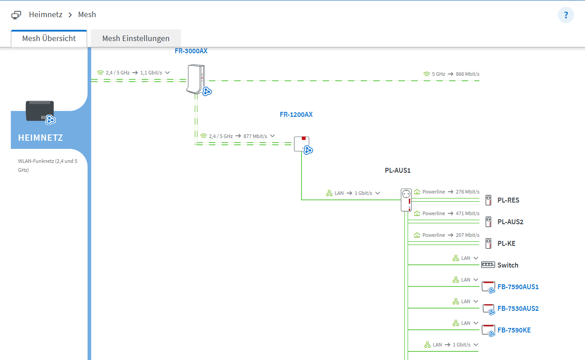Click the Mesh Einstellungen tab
click(x=136, y=38)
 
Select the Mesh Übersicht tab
click(x=49, y=38)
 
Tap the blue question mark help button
click(x=566, y=15)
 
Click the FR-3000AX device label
click(x=191, y=51)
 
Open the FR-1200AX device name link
click(x=296, y=115)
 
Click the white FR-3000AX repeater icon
click(x=196, y=79)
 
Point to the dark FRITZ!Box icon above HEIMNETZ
click(x=40, y=111)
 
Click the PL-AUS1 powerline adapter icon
click(x=406, y=200)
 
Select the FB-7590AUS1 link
click(x=518, y=286)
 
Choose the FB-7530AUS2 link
click(x=518, y=308)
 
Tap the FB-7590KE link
click(x=514, y=330)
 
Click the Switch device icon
click(x=488, y=265)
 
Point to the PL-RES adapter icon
click(x=488, y=200)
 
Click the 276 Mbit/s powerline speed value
click(x=468, y=192)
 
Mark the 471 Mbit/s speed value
click(x=468, y=213)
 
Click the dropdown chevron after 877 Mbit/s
click(x=272, y=136)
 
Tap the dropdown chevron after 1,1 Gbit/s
click(x=167, y=73)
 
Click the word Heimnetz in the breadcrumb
click(x=46, y=14)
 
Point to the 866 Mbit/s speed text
click(x=468, y=74)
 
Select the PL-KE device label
click(x=506, y=243)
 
